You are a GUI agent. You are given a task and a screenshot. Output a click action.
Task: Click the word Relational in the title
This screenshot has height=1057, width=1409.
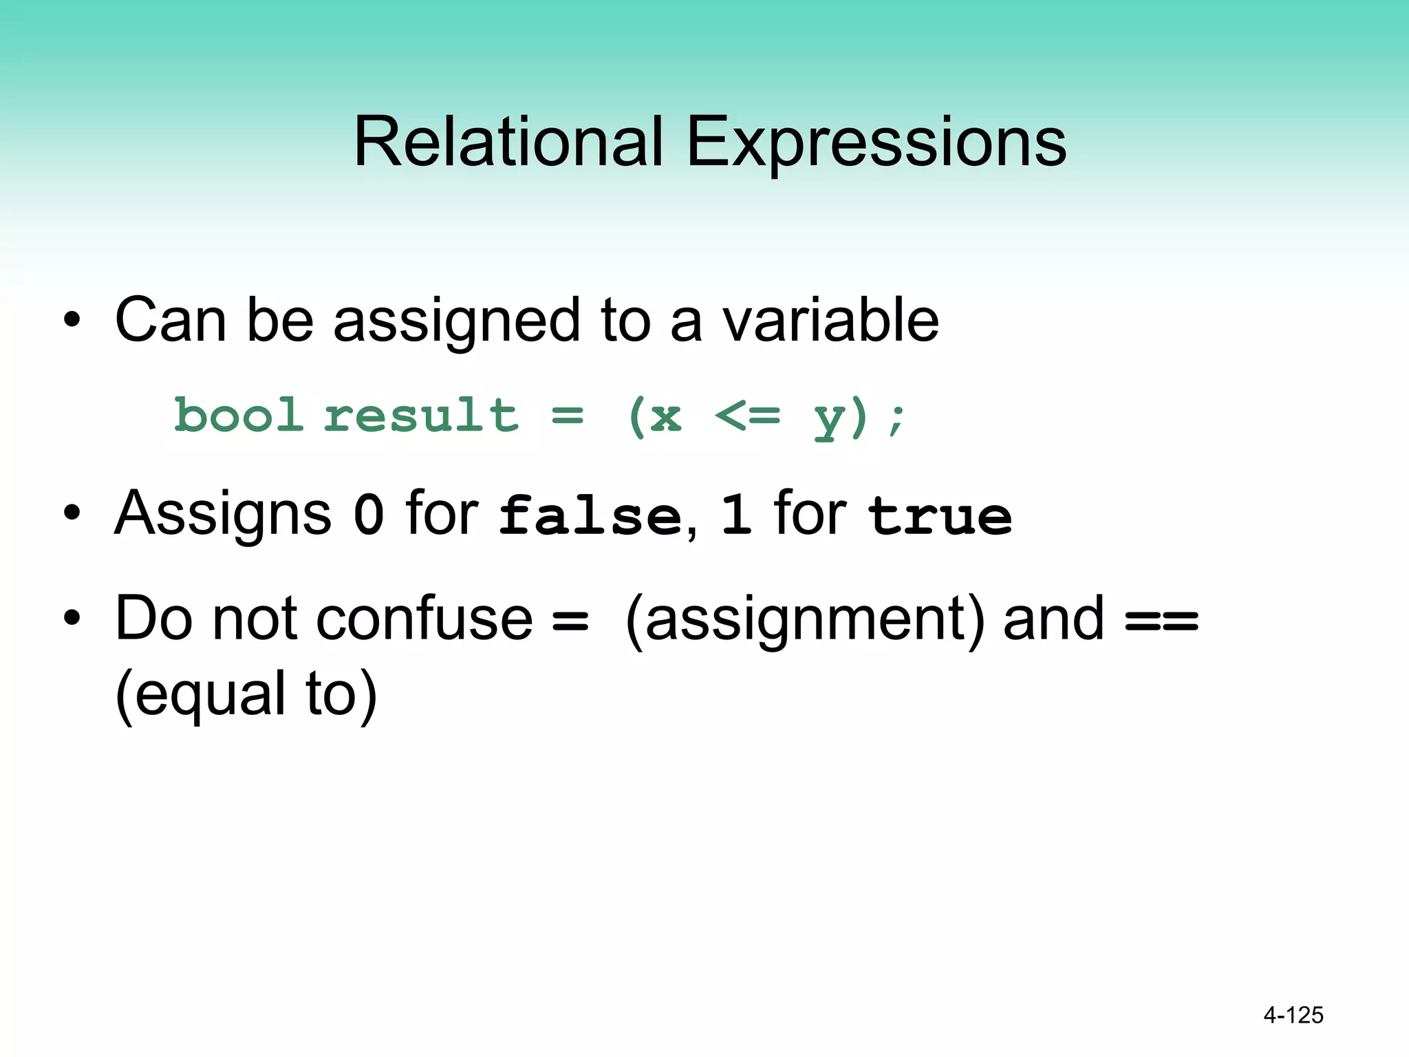tap(508, 142)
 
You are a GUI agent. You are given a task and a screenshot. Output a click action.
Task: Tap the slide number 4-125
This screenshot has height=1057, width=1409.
tap(1293, 1015)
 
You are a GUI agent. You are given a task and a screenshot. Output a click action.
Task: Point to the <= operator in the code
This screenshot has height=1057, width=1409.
tap(747, 416)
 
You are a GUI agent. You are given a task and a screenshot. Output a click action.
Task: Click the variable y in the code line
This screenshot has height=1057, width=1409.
tap(829, 418)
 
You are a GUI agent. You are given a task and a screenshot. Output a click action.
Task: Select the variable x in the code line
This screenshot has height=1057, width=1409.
tap(665, 417)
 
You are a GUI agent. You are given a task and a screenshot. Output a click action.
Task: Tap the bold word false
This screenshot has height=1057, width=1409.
tap(590, 515)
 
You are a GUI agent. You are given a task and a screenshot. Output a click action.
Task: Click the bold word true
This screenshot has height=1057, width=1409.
tap(939, 516)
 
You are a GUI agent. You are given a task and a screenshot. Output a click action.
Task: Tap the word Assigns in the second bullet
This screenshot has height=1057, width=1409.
tap(223, 513)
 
